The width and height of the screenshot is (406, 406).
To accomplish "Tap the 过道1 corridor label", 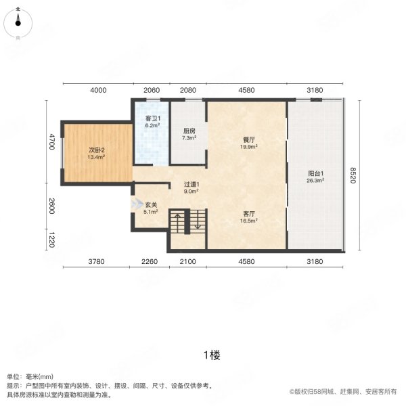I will (191, 184).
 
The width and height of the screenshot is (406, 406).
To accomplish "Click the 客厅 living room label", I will (249, 213).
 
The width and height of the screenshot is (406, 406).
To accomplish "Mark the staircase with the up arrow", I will (187, 222).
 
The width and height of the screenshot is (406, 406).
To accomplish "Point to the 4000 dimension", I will (98, 90).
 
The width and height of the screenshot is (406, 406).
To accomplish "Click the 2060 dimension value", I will (152, 90).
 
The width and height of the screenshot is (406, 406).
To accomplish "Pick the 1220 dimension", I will (51, 240).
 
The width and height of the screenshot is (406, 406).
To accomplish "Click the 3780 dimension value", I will (96, 262).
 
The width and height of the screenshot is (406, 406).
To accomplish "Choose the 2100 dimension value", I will (187, 262).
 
